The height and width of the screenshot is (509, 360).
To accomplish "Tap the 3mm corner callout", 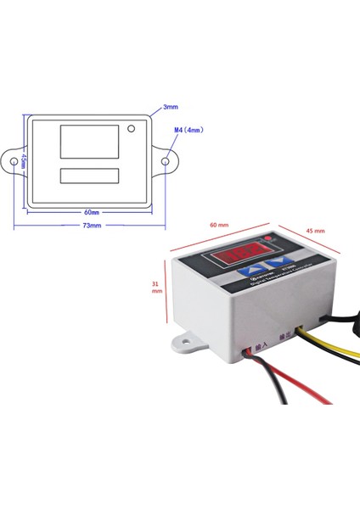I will coord(170,108).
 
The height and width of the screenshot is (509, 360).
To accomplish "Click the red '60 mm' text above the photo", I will coord(218,225).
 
